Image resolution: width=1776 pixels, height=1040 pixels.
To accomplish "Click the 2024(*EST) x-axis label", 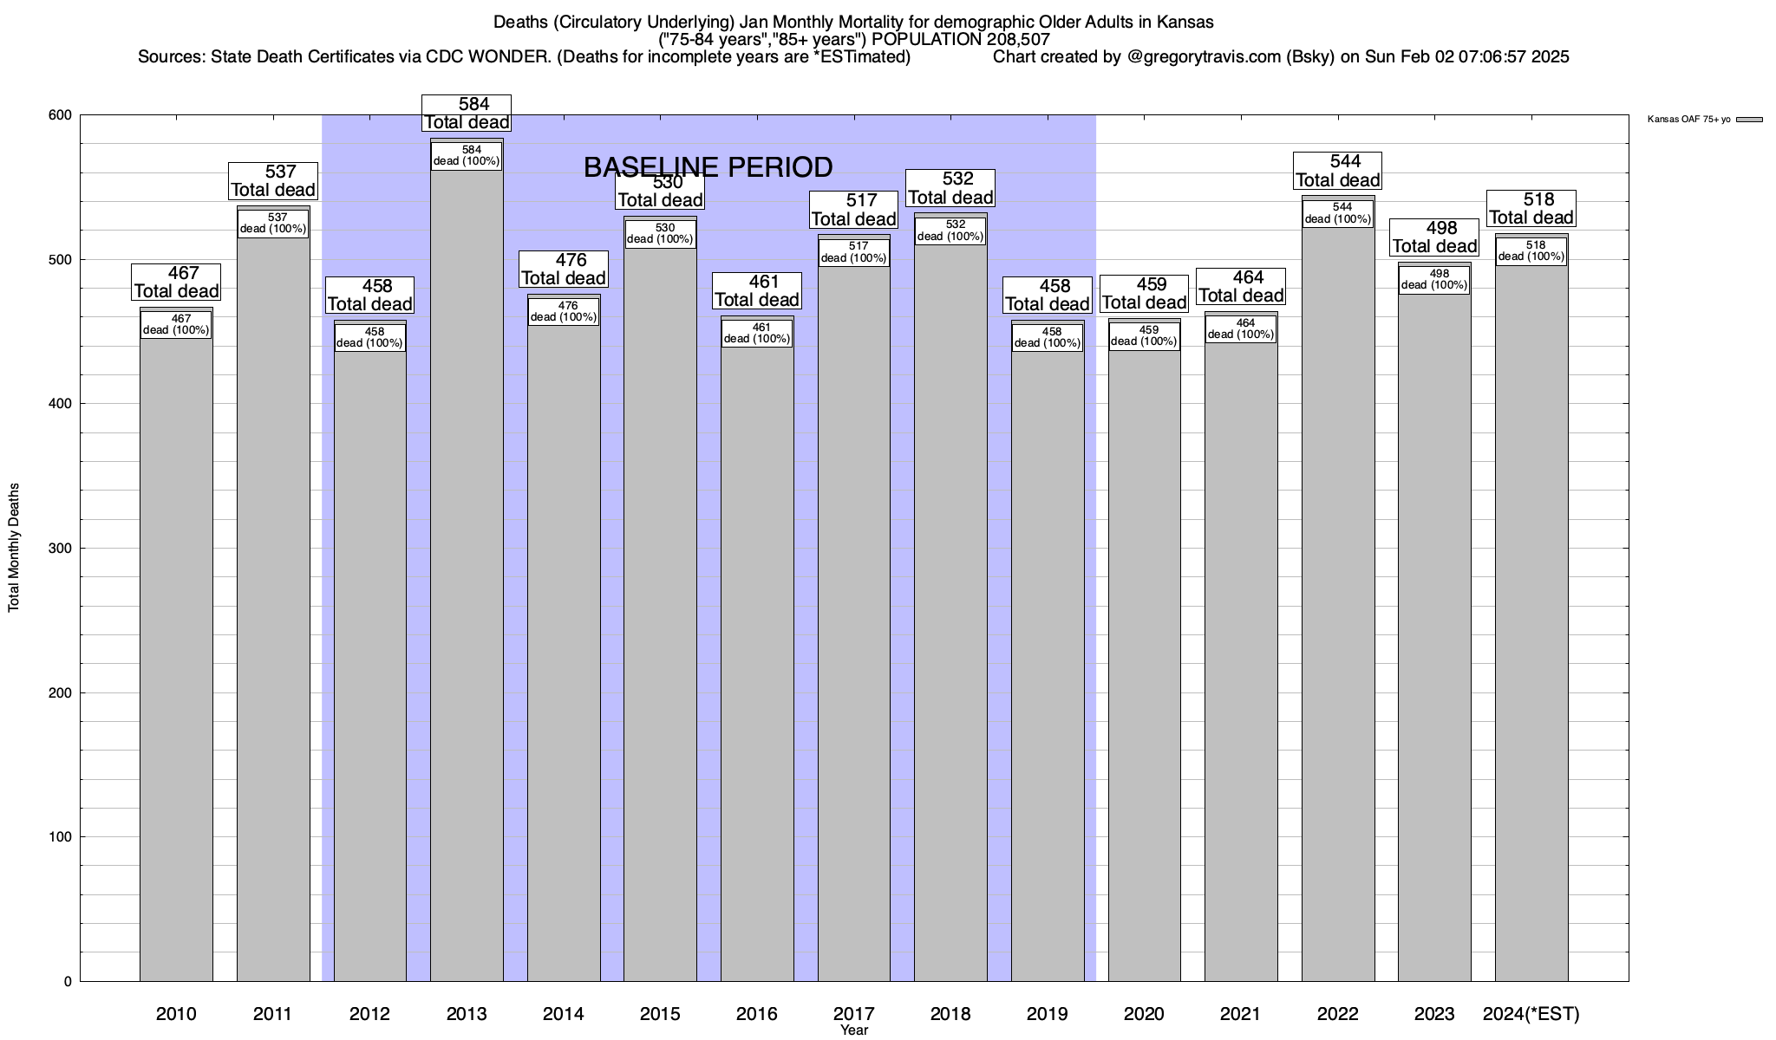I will [x=1531, y=1013].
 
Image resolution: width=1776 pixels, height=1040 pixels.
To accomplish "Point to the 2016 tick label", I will [x=757, y=1013].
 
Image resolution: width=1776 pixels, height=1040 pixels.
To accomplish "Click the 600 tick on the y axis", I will [x=60, y=115].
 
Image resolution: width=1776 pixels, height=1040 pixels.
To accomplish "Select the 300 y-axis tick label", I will [x=60, y=549].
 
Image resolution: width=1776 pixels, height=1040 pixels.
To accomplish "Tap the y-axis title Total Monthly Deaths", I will [x=14, y=548].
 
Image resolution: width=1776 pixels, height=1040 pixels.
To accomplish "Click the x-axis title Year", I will [x=854, y=1030].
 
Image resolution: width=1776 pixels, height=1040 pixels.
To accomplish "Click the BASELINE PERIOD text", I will [x=708, y=166].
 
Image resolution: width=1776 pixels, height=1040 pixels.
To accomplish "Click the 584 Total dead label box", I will [x=467, y=114].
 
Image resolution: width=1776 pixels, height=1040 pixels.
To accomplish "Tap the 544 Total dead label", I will [x=1337, y=171].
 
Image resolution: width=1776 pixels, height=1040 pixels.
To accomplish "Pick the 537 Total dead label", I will [x=273, y=181].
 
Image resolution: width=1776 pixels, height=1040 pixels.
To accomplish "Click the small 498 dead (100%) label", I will [x=1434, y=280].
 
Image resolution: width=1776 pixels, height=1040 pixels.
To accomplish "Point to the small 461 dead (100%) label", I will [x=757, y=333].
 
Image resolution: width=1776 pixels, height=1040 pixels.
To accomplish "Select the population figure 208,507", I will [x=1018, y=39].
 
